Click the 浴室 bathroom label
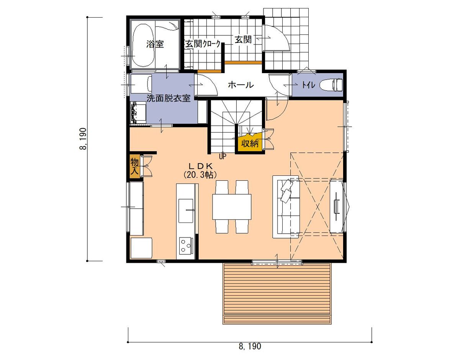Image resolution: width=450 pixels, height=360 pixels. point(155,44)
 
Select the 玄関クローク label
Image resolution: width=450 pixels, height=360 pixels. point(203,44)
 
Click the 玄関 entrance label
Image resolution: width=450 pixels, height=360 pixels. point(243,39)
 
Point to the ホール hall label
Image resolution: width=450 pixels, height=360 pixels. point(241,85)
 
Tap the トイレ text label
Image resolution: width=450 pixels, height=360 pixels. point(308,85)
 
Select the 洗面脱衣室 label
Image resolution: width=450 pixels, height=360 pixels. point(169,98)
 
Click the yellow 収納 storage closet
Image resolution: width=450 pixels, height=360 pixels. point(249,144)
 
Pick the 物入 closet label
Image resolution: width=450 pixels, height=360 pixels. point(134,165)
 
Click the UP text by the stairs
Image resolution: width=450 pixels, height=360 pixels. point(222,156)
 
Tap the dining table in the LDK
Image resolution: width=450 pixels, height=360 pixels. point(232,206)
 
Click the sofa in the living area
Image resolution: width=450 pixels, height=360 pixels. point(285,207)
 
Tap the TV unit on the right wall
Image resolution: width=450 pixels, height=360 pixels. point(337,206)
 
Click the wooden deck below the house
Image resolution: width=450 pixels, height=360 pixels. point(277,293)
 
